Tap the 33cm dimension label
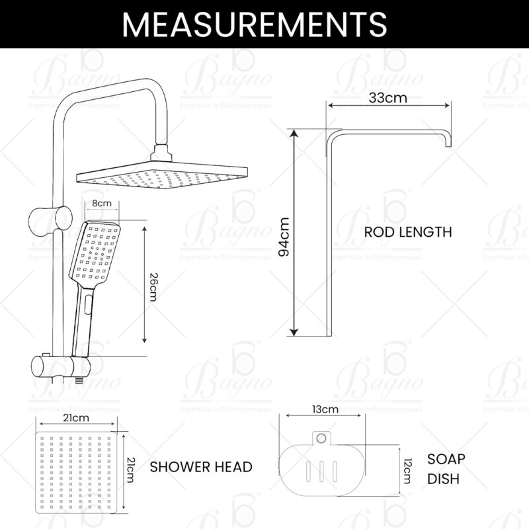[x=387, y=98]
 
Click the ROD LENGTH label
[x=408, y=232]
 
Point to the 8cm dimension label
[x=101, y=204]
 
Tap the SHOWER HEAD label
[x=201, y=467]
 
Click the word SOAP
[x=446, y=459]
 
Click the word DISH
[x=443, y=479]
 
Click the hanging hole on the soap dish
[x=321, y=437]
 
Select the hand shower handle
[x=84, y=317]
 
